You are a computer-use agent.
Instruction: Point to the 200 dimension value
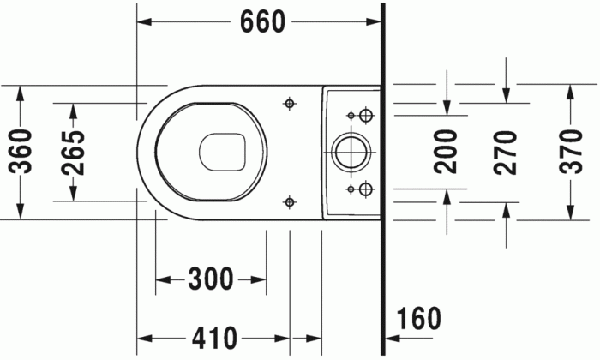(x=446, y=152)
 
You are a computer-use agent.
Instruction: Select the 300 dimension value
(x=210, y=279)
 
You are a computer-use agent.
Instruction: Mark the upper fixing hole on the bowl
(x=289, y=104)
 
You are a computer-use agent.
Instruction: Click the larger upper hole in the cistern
(x=366, y=115)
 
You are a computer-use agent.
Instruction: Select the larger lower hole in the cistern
(x=366, y=189)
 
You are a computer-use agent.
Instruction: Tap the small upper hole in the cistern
(x=350, y=115)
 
